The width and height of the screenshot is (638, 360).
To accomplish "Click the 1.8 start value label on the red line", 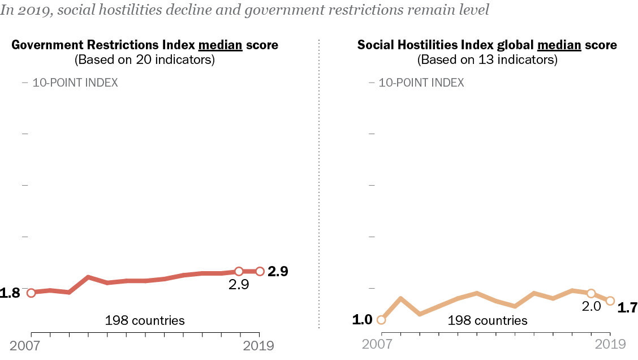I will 10,293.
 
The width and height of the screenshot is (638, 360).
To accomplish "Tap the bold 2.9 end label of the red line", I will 278,271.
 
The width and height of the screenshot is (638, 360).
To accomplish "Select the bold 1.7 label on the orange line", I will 627,308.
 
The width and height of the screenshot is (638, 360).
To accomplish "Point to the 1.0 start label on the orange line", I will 362,320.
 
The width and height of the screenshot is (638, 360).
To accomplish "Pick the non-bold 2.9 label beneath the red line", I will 239,285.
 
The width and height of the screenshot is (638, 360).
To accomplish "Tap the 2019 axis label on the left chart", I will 258,345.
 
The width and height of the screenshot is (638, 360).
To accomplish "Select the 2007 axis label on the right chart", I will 377,344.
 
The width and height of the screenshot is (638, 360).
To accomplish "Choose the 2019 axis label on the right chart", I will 610,344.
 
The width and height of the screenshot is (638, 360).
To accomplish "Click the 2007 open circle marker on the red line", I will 31,293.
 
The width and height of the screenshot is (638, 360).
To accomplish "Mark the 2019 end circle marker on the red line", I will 260,271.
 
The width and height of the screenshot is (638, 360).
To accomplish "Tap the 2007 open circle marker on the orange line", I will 381,320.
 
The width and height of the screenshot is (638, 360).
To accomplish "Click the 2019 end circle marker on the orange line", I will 610,301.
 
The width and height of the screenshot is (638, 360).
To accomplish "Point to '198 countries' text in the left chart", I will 145,320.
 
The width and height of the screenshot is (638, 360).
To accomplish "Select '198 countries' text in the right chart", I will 488,321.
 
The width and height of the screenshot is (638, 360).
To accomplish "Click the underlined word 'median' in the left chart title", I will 220,45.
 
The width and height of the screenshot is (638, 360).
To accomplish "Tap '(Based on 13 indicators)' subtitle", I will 487,59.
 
